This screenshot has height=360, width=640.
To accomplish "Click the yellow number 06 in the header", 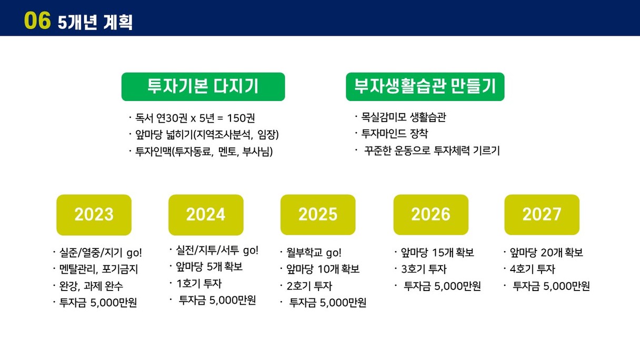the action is pos(37,21).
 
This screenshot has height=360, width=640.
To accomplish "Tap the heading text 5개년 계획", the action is pos(95,22).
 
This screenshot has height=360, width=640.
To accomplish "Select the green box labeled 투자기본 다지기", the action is pos(203,86).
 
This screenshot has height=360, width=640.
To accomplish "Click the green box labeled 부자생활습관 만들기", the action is pos(425,86).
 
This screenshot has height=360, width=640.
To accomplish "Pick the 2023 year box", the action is pos(94,215).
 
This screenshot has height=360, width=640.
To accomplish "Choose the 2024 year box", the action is pos(206,215).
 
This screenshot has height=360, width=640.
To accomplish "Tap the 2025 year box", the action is pos(318,215).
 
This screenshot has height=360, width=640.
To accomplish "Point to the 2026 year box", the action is pos(431,215).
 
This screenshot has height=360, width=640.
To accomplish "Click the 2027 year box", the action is pos(542,215).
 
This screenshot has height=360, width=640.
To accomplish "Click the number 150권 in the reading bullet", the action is pos(241,118).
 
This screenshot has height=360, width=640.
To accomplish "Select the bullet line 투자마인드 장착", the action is pos(395,134).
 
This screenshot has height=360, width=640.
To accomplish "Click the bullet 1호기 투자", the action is pos(199,284).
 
